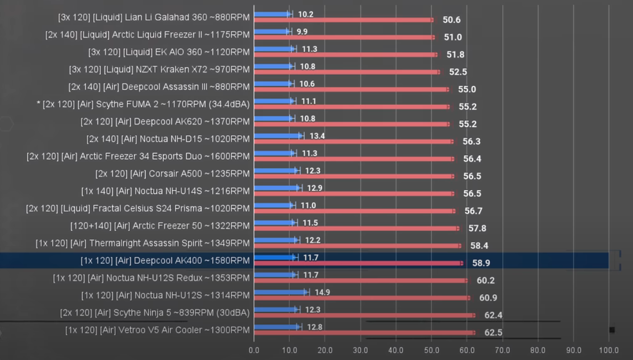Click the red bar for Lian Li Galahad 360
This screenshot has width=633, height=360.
pyautogui.click(x=343, y=20)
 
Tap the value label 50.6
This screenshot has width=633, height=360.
pyautogui.click(x=452, y=20)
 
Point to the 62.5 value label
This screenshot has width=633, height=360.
pyautogui.click(x=493, y=333)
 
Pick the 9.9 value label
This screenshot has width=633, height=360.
pyautogui.click(x=302, y=32)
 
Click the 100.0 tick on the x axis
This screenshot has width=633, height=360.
pyautogui.click(x=609, y=350)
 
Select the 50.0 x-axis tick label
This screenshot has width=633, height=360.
pyautogui.click(x=431, y=350)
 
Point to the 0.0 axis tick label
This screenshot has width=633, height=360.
pyautogui.click(x=254, y=350)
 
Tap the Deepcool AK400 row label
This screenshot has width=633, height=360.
pyautogui.click(x=165, y=261)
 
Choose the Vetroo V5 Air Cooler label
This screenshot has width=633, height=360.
pyautogui.click(x=157, y=330)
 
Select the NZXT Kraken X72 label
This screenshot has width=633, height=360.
pyautogui.click(x=160, y=69)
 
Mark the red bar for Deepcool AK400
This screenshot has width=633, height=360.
pyautogui.click(x=358, y=263)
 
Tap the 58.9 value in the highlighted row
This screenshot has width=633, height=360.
pyautogui.click(x=481, y=263)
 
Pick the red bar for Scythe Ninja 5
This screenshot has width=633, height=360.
pyautogui.click(x=364, y=315)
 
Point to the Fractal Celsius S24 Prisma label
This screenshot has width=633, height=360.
pyautogui.click(x=138, y=208)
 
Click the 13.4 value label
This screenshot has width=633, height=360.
pyautogui.click(x=317, y=136)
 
